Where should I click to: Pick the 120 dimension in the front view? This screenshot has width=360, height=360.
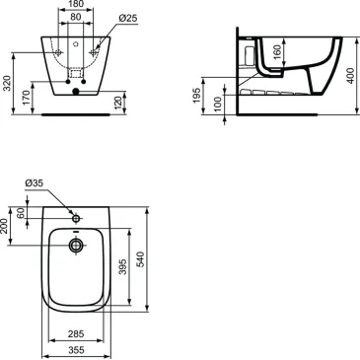[118, 103]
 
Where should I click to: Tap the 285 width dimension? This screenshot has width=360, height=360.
[75, 332]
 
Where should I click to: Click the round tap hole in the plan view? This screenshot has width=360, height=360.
[75, 216]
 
